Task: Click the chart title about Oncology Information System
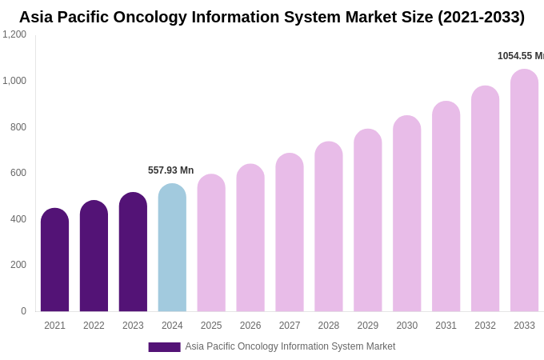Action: coord(272,17)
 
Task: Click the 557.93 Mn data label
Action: coord(170,170)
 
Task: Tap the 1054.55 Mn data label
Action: coord(520,56)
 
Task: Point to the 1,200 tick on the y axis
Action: coord(14,34)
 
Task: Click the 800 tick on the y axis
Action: coord(18,127)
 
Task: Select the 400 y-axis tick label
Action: coord(18,219)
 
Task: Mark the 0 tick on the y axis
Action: coord(23,311)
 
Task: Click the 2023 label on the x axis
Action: coord(133,326)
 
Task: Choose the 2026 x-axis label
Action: coord(250,326)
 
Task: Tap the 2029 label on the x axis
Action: coord(368,326)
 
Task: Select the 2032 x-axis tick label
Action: coord(485,326)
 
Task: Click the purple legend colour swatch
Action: coord(164,347)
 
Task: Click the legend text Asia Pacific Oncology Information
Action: coord(290,346)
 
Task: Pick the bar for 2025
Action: coord(211,243)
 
